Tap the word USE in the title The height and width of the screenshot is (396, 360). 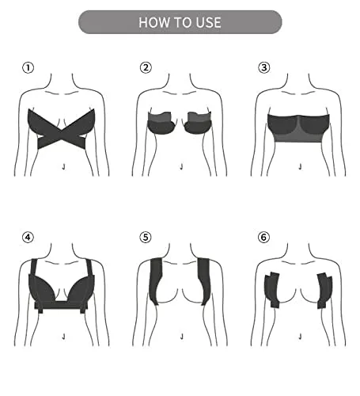[x=206, y=22]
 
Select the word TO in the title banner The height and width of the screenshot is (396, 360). [x=180, y=22]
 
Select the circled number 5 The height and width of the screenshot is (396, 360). [x=146, y=236]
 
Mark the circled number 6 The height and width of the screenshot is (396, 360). [x=263, y=236]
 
